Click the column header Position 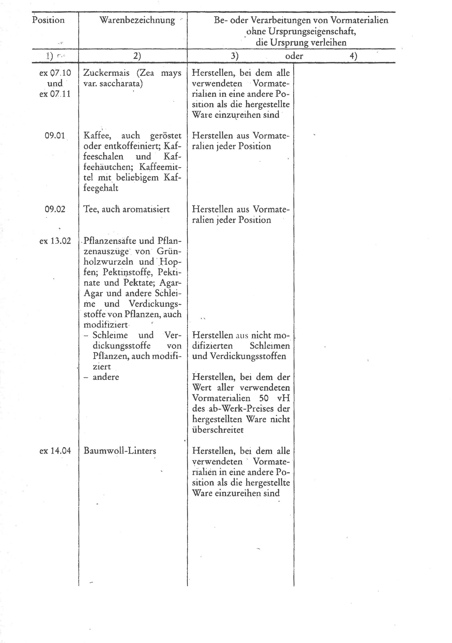[x=48, y=20]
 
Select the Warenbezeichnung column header [x=137, y=20]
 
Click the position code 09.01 [x=55, y=136]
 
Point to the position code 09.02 [x=55, y=209]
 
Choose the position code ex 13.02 [x=55, y=241]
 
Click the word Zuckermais [x=107, y=73]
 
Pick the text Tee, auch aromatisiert [x=126, y=209]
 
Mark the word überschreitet [x=218, y=430]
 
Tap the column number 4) [x=353, y=56]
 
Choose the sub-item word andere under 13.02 [x=106, y=377]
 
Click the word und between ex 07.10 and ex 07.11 [x=55, y=83]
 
